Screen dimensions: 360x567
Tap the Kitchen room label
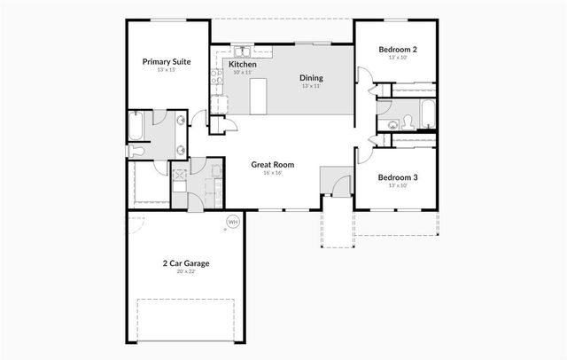click(243, 65)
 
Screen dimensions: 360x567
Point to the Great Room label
click(272, 164)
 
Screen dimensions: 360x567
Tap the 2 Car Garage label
click(185, 263)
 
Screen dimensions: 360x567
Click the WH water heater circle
click(233, 222)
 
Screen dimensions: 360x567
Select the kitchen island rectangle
click(260, 95)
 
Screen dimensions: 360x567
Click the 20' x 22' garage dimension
click(185, 273)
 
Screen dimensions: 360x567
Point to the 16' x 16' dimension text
click(272, 173)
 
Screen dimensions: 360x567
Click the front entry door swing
click(339, 185)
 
